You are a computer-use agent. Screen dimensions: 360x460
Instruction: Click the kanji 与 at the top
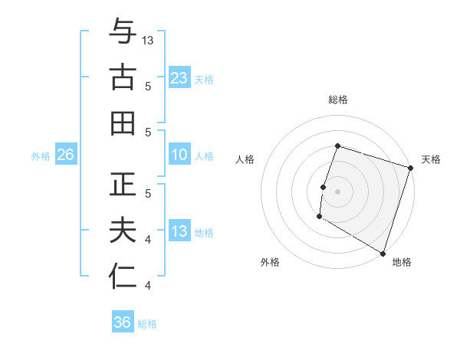point(123,32)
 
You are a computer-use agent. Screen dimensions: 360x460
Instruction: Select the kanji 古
point(123,77)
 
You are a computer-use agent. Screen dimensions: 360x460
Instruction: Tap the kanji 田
point(123,123)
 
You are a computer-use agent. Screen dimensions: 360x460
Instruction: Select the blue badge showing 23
point(179,77)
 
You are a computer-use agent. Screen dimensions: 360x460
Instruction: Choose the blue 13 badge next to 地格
point(179,231)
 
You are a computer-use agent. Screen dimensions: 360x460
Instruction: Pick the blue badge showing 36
point(123,322)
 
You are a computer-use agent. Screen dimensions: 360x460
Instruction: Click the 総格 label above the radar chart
point(337,100)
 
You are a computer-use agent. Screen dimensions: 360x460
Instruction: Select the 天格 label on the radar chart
point(431,159)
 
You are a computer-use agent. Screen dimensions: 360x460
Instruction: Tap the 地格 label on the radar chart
point(402,262)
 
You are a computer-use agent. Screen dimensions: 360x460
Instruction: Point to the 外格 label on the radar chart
point(270,262)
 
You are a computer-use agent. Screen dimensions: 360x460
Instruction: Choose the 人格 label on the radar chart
point(245,159)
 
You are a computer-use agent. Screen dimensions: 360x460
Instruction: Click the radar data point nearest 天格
point(410,168)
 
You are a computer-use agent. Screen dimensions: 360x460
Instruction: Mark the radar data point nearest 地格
point(383,252)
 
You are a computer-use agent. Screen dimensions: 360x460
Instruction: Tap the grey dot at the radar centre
point(337,191)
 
